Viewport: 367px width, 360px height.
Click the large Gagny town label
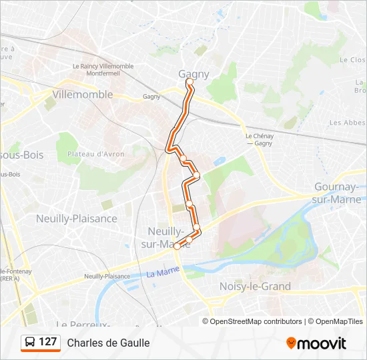pos(194,74)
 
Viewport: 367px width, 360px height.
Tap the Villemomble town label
pos(83,95)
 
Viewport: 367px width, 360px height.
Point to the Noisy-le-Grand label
pos(255,286)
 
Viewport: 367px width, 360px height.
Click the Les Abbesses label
pos(347,123)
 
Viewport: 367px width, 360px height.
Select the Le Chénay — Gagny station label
pos(259,139)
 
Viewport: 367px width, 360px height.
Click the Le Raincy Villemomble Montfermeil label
pos(103,70)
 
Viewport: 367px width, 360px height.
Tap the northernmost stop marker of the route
pos(190,82)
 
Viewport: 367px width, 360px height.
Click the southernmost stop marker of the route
pos(177,245)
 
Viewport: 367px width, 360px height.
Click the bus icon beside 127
pos(30,343)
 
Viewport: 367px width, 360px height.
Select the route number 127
pos(48,342)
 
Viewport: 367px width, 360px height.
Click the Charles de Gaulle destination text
pos(108,343)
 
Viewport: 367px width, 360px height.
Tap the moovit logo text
pos(322,343)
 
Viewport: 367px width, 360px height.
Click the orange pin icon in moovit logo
pos(291,343)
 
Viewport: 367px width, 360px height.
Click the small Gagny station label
pos(151,97)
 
